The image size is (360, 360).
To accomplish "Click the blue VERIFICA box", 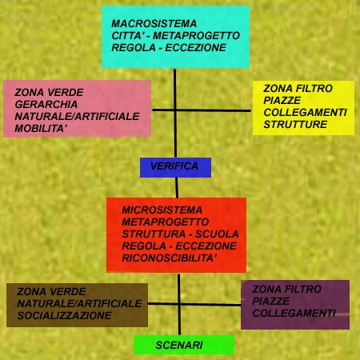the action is [175, 167].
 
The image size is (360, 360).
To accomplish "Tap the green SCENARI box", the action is [184, 345].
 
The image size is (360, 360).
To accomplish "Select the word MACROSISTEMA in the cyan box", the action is [154, 23].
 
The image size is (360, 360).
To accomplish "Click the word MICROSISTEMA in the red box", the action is [162, 210].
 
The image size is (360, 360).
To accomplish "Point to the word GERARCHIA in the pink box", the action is [46, 104].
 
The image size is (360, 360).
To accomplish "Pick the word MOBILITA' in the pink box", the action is [41, 129].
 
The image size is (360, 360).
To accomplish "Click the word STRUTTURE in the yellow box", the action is [295, 124].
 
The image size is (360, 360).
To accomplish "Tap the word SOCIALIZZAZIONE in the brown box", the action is [64, 315].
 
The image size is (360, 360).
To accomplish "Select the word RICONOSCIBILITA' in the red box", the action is [168, 258].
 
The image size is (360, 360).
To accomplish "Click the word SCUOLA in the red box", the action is [217, 234].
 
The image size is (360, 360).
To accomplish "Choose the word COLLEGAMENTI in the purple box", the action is [294, 313].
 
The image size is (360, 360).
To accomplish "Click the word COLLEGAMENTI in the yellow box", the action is [305, 112].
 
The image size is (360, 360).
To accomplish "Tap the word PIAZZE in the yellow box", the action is [282, 100].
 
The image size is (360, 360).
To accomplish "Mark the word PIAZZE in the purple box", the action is [270, 301].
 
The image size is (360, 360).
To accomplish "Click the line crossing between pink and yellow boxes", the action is [175, 110].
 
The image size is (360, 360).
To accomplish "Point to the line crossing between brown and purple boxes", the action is [179, 304].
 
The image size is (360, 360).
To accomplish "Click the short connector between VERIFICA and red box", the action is [177, 187].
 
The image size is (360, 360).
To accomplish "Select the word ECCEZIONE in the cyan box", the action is [195, 47].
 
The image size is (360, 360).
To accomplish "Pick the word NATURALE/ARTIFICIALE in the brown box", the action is [79, 303].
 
